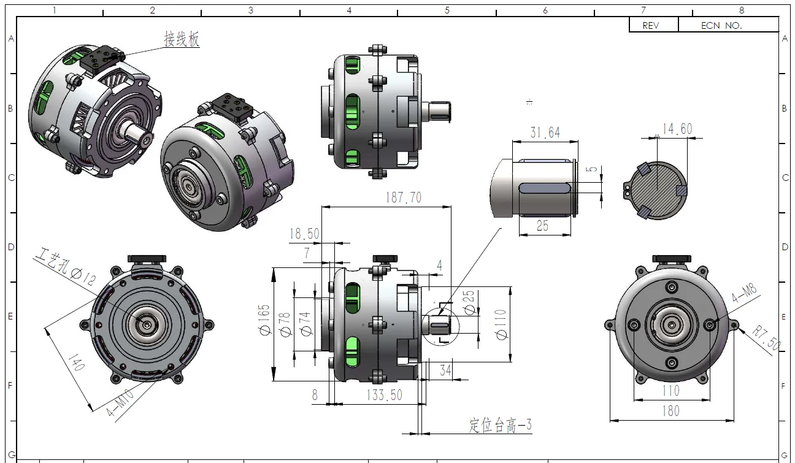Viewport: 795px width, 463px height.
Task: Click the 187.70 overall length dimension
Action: (x=403, y=197)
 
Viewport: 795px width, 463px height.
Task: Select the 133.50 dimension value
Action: (x=384, y=395)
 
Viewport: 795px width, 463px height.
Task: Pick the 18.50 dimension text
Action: (x=304, y=234)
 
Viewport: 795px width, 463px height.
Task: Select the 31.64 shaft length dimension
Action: (x=545, y=132)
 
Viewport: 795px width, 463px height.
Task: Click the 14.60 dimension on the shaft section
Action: (x=677, y=129)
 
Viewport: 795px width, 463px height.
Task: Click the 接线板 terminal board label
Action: (x=181, y=39)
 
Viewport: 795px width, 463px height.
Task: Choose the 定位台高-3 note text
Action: (x=501, y=425)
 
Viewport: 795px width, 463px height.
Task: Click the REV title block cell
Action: (x=653, y=25)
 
